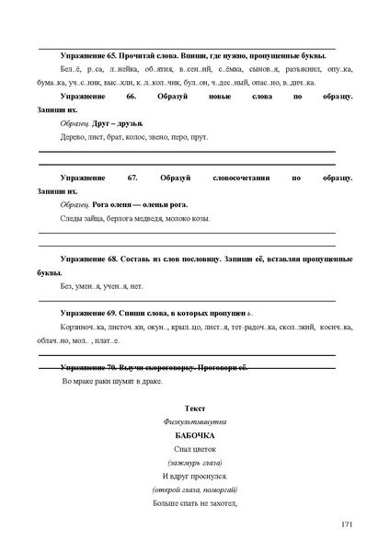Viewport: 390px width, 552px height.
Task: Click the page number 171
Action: pyautogui.click(x=346, y=524)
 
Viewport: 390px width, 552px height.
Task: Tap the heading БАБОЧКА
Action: pyautogui.click(x=194, y=434)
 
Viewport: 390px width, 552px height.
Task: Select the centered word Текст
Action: pyautogui.click(x=194, y=407)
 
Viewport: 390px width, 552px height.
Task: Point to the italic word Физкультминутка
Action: pyautogui.click(x=194, y=420)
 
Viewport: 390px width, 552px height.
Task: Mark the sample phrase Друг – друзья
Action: pyautogui.click(x=119, y=122)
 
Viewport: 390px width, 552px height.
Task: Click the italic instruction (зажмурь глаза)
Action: pyautogui.click(x=194, y=462)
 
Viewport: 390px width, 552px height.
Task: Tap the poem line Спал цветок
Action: pyautogui.click(x=194, y=448)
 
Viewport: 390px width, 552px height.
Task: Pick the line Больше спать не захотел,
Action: pyautogui.click(x=194, y=503)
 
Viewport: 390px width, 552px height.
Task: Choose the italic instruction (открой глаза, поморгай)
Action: pyautogui.click(x=194, y=489)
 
